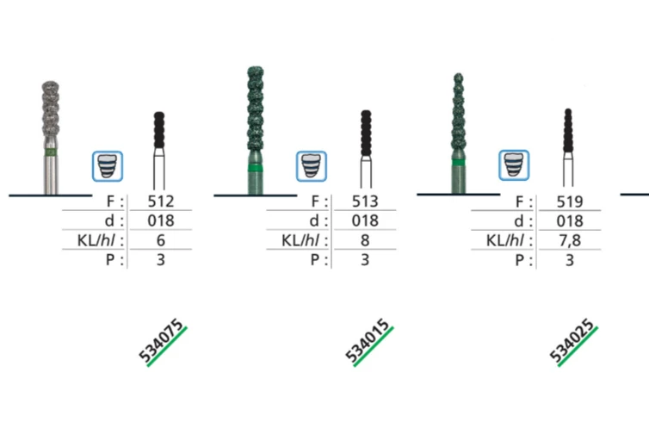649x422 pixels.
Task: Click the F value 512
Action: [x=159, y=202]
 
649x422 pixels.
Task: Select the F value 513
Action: [x=364, y=202]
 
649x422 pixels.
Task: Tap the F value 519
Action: [x=569, y=202]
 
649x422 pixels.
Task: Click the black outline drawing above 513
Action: [x=366, y=151]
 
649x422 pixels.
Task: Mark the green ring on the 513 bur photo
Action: [x=256, y=167]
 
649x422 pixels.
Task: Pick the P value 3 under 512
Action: [x=159, y=258]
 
